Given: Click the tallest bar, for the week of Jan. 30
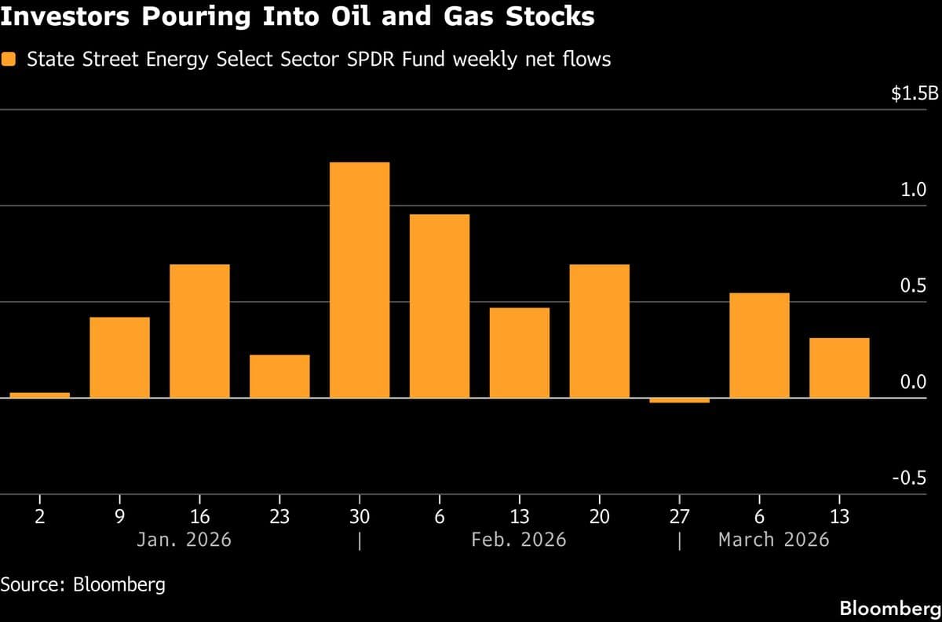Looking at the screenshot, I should pyautogui.click(x=360, y=280).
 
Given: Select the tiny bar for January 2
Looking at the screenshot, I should pyautogui.click(x=40, y=395).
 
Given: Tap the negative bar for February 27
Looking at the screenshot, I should pyautogui.click(x=680, y=401).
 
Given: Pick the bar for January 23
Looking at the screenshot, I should pyautogui.click(x=279, y=376).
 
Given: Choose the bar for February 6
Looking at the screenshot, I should pyautogui.click(x=440, y=306).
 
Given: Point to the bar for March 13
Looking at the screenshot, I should pyautogui.click(x=839, y=368).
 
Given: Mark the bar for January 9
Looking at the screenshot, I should pyautogui.click(x=120, y=357).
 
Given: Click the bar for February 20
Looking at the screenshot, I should pyautogui.click(x=600, y=331).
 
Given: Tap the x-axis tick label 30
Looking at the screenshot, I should pyautogui.click(x=360, y=517).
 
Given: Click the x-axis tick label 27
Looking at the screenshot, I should pyautogui.click(x=679, y=517).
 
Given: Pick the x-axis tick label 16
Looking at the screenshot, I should pyautogui.click(x=199, y=517).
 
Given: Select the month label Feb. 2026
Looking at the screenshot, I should pyautogui.click(x=519, y=540).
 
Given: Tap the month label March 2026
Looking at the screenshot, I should pyautogui.click(x=773, y=540).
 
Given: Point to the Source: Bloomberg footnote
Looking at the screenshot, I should pyautogui.click(x=83, y=584).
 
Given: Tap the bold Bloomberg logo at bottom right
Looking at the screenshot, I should pyautogui.click(x=890, y=608).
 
